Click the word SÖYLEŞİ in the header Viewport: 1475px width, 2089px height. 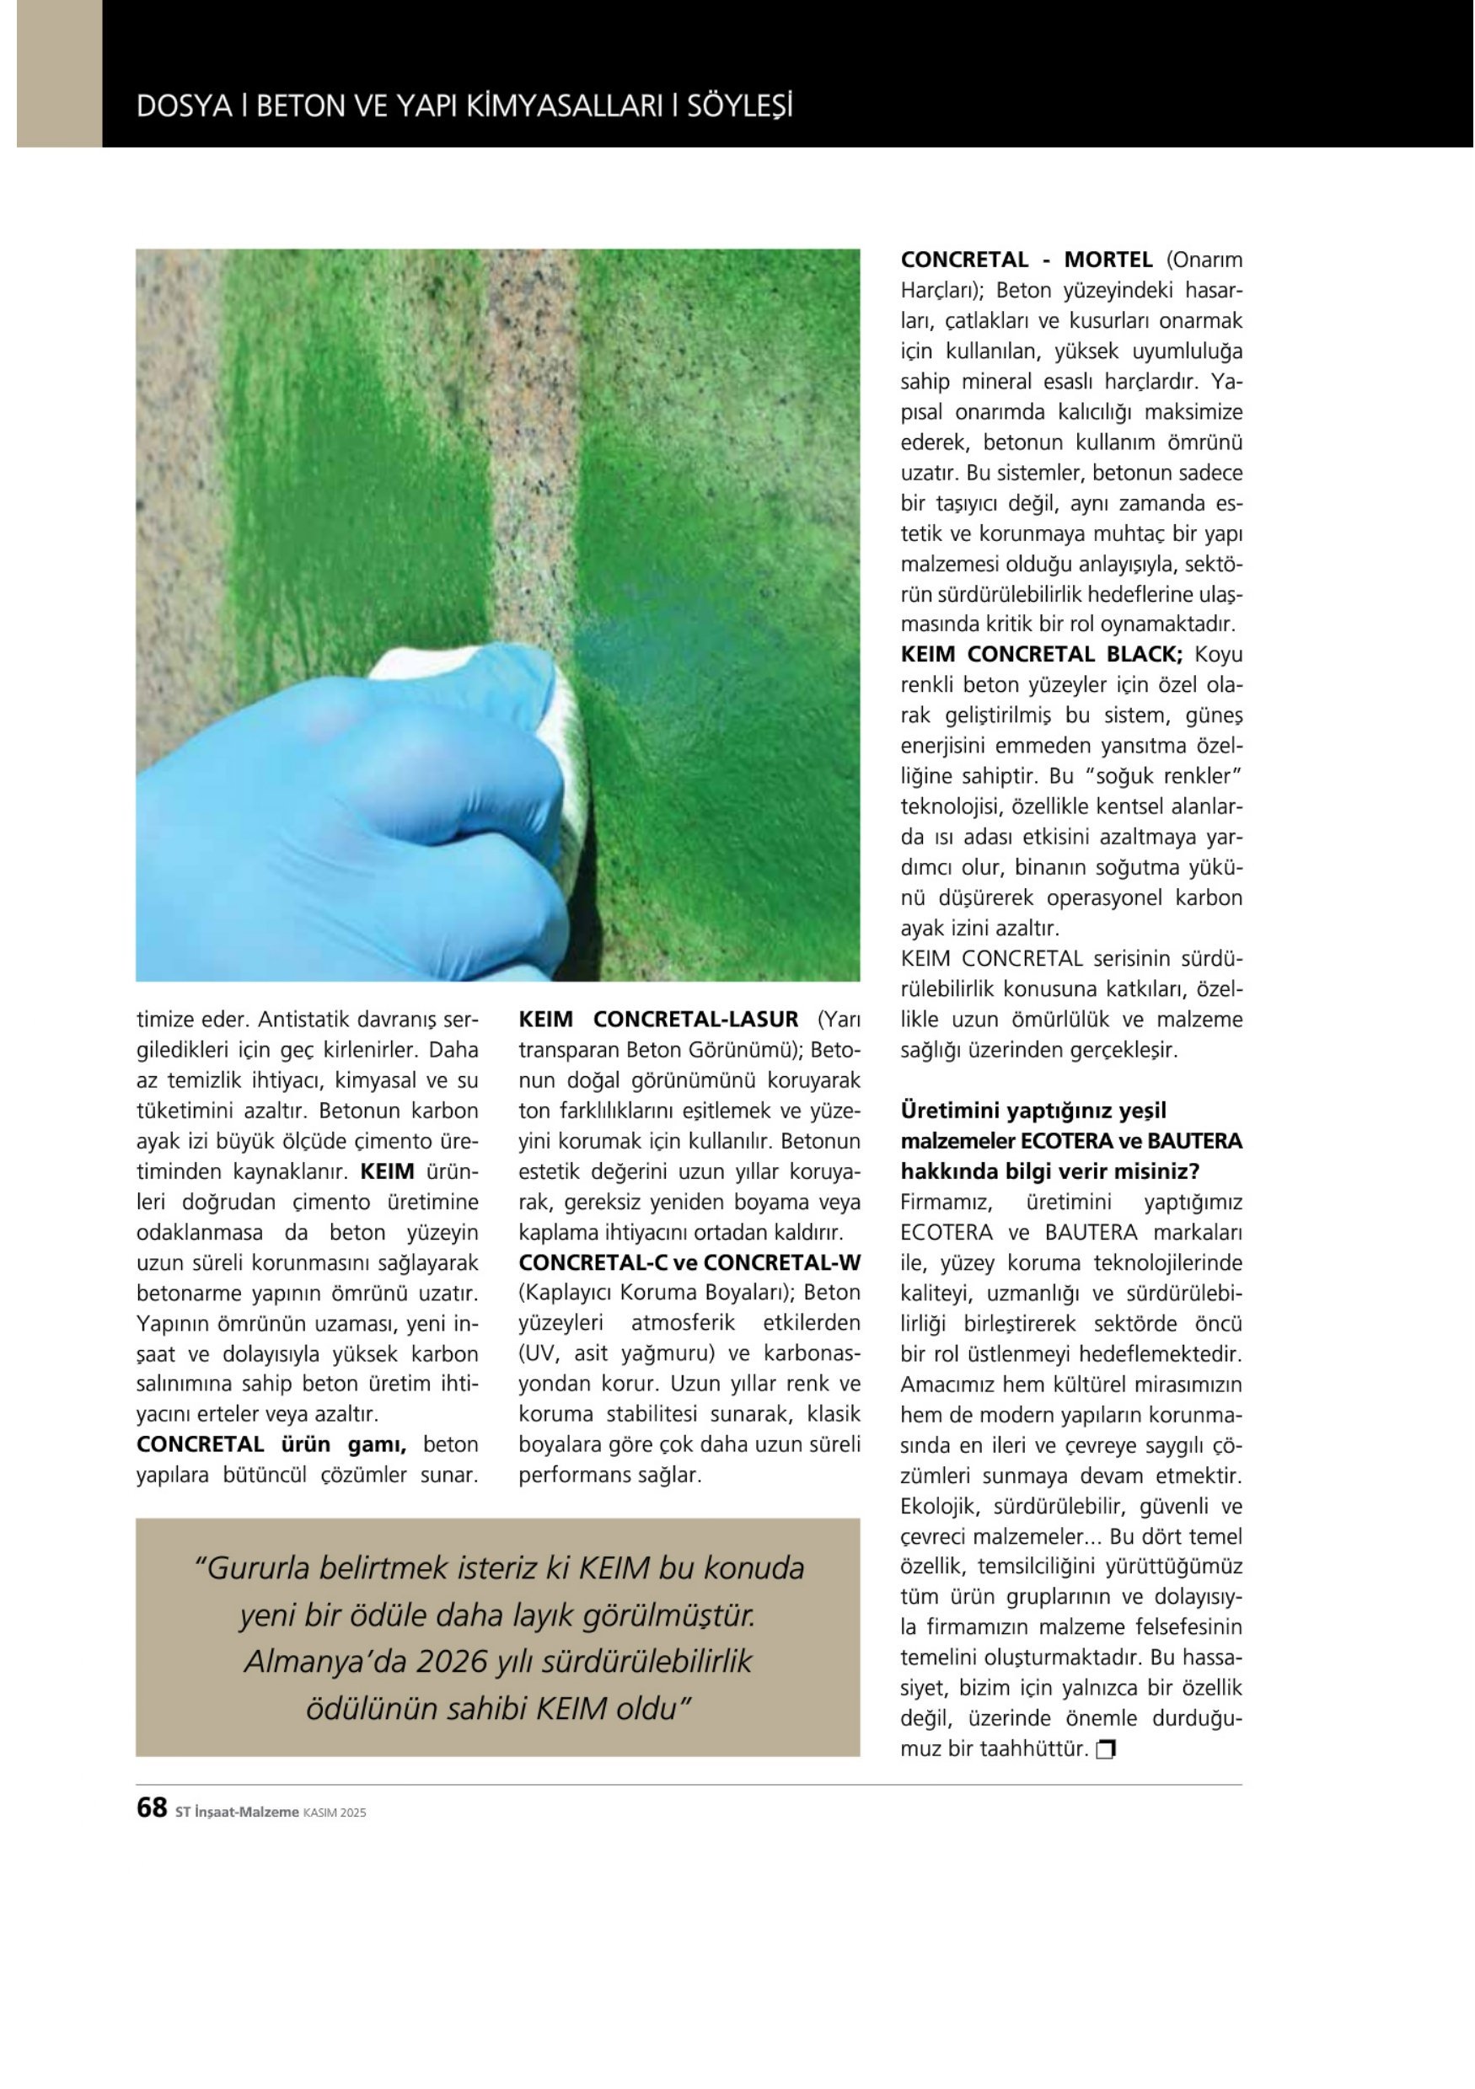coord(739,107)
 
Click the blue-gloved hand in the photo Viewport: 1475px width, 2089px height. coord(336,819)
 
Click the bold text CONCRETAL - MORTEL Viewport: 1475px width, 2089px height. coord(1027,260)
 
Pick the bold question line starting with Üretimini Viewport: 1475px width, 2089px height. coord(1032,1111)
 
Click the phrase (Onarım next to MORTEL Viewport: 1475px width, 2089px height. coord(1204,260)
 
